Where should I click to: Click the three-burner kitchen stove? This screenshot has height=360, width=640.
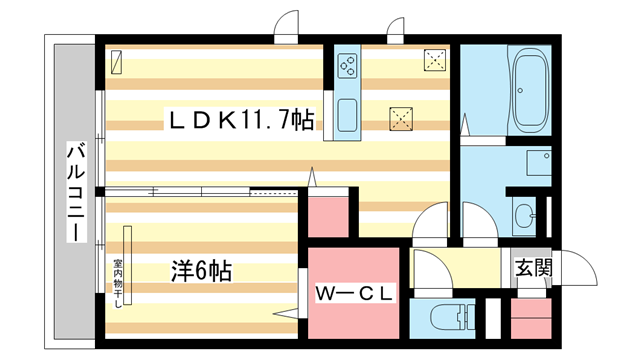click(349, 66)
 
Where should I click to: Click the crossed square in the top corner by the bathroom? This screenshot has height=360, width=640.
click(435, 60)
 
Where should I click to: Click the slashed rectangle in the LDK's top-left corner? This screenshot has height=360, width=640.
click(116, 61)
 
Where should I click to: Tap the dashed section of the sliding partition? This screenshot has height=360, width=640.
click(274, 190)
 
